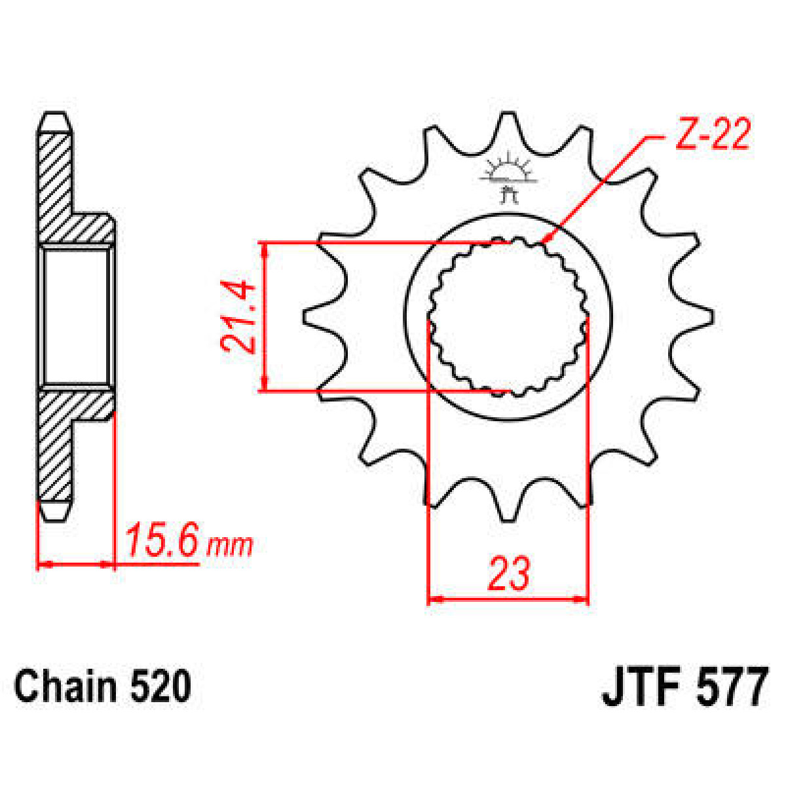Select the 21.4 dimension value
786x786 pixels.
pyautogui.click(x=237, y=317)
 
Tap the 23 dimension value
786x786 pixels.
pyautogui.click(x=508, y=574)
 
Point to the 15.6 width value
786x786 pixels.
pyautogui.click(x=161, y=541)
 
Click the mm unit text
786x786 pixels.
pyautogui.click(x=229, y=544)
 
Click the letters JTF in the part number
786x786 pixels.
pyautogui.click(x=639, y=687)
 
